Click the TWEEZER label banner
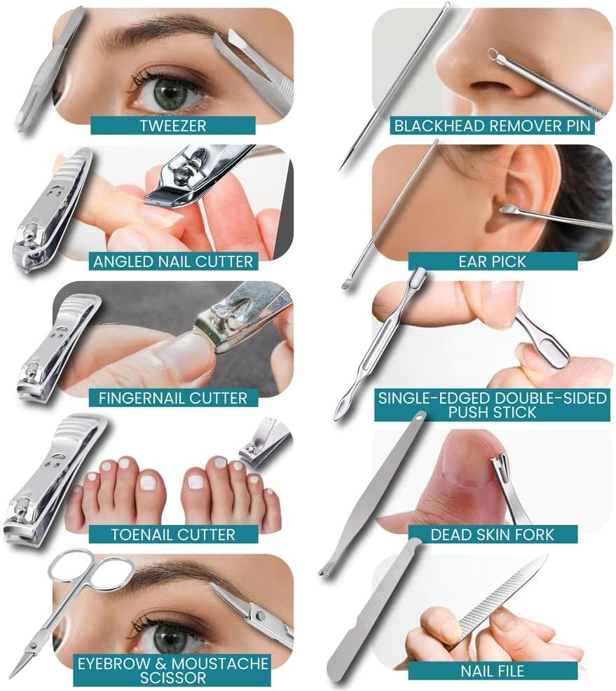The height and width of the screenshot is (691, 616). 172,127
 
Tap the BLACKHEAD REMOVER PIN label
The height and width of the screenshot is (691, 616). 492,126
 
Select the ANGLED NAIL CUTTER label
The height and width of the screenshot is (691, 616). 172,262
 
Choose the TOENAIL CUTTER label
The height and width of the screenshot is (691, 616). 172,534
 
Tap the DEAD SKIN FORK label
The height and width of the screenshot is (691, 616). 492,534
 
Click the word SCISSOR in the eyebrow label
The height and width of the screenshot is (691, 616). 172,677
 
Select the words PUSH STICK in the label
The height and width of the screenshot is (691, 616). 492,411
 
